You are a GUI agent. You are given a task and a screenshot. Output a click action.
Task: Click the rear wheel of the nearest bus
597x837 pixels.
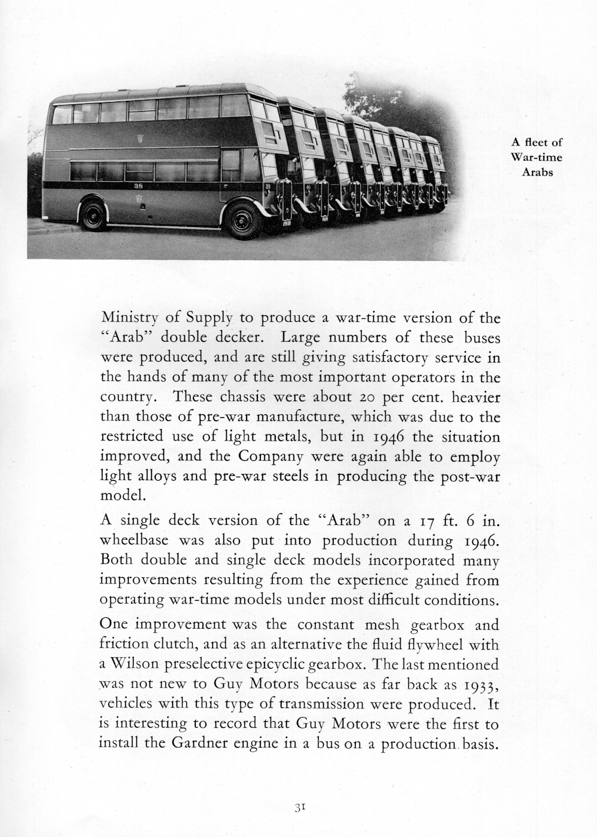93,215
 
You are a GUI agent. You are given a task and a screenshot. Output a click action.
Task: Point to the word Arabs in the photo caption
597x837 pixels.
537,173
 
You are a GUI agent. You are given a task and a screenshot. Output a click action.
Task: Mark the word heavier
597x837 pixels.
476,397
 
